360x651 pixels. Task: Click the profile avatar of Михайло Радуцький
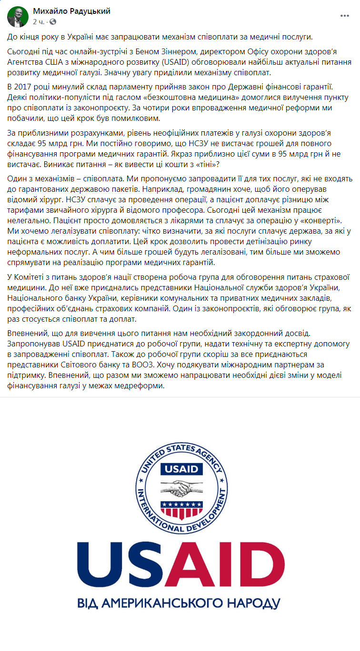(17, 17)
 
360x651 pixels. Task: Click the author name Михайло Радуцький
(71, 11)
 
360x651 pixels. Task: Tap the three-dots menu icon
(345, 16)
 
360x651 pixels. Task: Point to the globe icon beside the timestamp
(52, 22)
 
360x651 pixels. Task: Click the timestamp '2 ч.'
(39, 22)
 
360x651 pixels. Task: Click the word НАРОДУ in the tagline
(255, 603)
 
